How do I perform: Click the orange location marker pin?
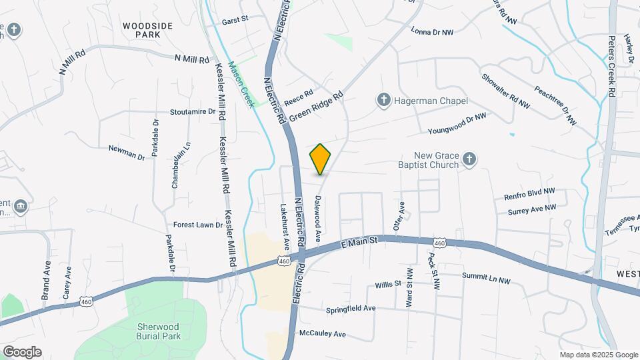pyautogui.click(x=321, y=159)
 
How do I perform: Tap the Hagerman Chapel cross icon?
pyautogui.click(x=383, y=101)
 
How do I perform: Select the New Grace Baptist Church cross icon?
pyautogui.click(x=469, y=159)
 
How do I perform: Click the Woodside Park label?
pyautogui.click(x=148, y=30)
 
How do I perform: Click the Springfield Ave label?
pyautogui.click(x=351, y=309)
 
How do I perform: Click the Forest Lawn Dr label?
pyautogui.click(x=198, y=225)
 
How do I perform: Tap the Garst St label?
pyautogui.click(x=235, y=20)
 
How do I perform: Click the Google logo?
pyautogui.click(x=22, y=351)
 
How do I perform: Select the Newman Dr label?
pyautogui.click(x=127, y=151)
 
